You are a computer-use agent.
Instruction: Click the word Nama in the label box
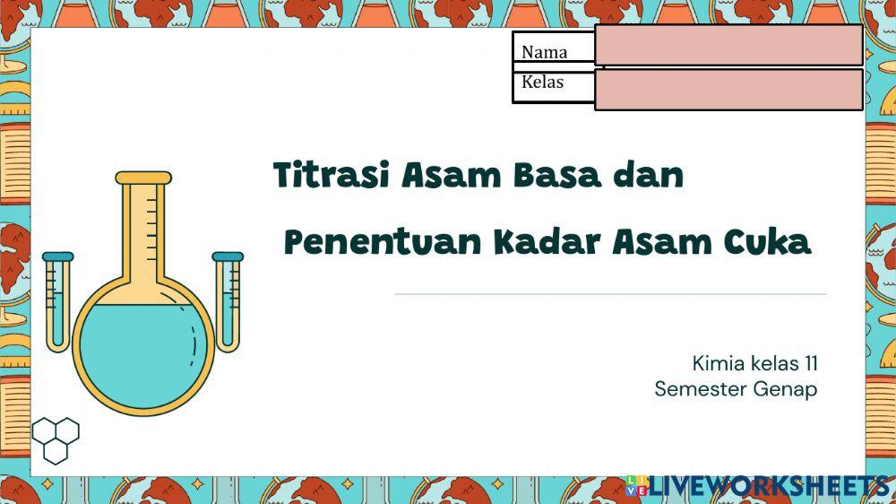click(544, 51)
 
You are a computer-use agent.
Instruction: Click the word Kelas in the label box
click(542, 82)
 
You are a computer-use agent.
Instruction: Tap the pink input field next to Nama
click(728, 46)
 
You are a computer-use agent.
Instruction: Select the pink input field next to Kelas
click(728, 89)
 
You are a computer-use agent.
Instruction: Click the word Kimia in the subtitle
click(713, 363)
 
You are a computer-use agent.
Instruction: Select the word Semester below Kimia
click(696, 389)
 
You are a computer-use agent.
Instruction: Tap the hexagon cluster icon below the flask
click(56, 439)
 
